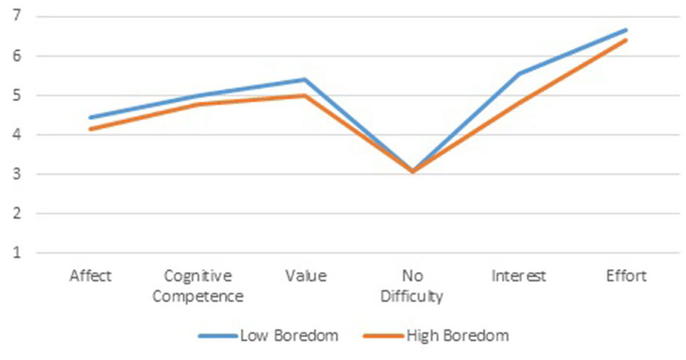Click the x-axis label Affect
91,277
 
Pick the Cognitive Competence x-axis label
198,286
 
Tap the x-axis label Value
305,277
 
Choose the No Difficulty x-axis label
412,286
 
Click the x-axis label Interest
520,277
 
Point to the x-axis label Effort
627,277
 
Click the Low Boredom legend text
288,336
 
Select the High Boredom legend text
457,336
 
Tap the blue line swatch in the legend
217,336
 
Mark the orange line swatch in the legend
383,336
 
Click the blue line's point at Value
305,79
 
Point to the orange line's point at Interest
520,101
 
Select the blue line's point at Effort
627,30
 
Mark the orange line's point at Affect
91,129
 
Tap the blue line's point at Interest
520,73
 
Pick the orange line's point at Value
305,95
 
